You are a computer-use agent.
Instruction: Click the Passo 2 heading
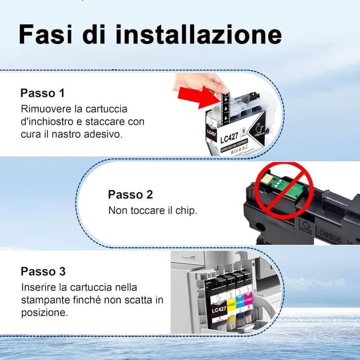pyautogui.click(x=130, y=195)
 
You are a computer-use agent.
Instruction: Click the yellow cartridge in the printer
pyautogui.click(x=229, y=301)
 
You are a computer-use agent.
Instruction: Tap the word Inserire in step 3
pyautogui.click(x=38, y=287)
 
